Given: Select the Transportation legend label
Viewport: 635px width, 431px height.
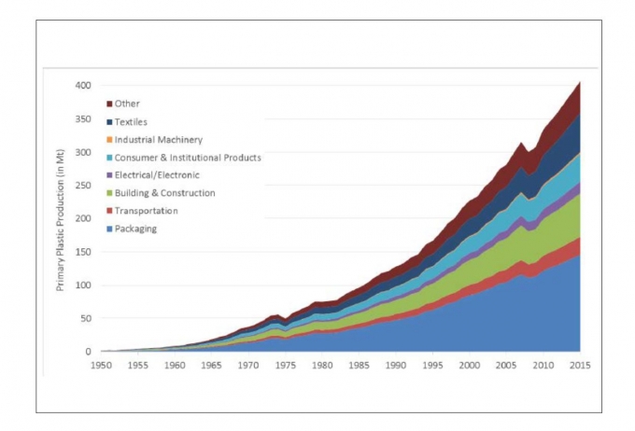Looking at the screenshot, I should (x=146, y=211).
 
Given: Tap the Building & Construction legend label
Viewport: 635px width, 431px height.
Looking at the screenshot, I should (x=165, y=193).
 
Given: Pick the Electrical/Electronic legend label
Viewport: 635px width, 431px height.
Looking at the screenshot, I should (x=157, y=175).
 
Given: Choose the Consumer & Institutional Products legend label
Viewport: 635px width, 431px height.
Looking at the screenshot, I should (x=188, y=158).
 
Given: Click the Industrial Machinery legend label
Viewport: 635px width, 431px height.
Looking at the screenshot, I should (x=159, y=140).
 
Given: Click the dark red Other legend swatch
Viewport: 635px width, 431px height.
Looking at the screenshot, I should (x=109, y=104).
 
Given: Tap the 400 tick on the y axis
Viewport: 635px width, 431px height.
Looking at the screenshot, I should (x=83, y=85).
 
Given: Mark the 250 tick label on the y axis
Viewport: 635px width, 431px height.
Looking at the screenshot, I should (x=83, y=185).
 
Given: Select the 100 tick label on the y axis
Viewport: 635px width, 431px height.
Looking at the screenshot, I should (x=83, y=285).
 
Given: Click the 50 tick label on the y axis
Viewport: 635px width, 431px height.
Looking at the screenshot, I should (x=86, y=319).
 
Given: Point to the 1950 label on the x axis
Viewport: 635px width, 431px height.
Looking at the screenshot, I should (x=102, y=366).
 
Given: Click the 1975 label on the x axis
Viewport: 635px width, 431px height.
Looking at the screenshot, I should (x=286, y=366).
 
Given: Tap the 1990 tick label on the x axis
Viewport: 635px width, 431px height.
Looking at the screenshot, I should (x=396, y=366).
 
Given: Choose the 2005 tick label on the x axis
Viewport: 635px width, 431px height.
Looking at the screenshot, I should (x=506, y=366).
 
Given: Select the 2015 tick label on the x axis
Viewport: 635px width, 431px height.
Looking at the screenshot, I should (x=579, y=366).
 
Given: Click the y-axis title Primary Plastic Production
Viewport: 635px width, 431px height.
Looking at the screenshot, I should (x=61, y=219).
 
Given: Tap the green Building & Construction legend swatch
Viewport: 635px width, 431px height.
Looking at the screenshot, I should (x=109, y=193).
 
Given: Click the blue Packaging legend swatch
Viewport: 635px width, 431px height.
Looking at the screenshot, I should (x=109, y=229).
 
